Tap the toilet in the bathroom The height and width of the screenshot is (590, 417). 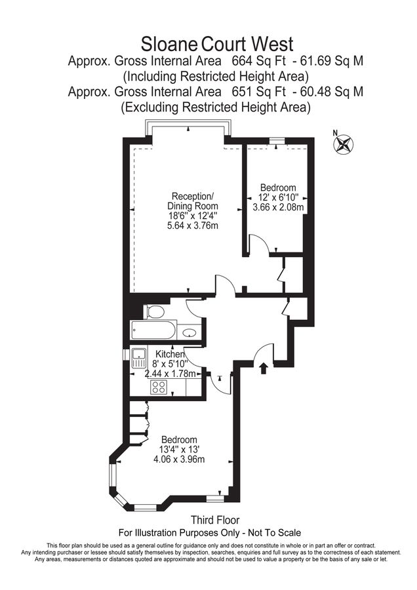click(x=154, y=312)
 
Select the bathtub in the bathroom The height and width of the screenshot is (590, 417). click(x=153, y=330)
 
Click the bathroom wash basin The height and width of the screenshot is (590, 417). click(x=189, y=332)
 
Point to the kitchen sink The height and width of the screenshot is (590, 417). click(x=139, y=358)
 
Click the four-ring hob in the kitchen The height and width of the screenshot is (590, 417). click(x=159, y=387)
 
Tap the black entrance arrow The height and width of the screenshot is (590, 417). click(x=264, y=368)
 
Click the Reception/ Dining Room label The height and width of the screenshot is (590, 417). click(x=192, y=201)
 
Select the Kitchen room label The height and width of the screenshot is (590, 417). click(x=170, y=354)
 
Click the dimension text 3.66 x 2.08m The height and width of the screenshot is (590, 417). click(x=278, y=207)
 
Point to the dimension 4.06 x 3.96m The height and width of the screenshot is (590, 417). click(x=179, y=459)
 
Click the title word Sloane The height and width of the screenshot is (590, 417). click(x=169, y=45)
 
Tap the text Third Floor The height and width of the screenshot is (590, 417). click(x=215, y=520)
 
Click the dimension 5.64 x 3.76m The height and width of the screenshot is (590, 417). click(x=193, y=226)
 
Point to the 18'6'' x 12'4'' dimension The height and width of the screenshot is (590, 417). click(x=193, y=216)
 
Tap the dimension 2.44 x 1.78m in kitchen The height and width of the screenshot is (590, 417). click(x=170, y=374)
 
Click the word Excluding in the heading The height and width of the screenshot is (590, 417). click(x=151, y=108)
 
